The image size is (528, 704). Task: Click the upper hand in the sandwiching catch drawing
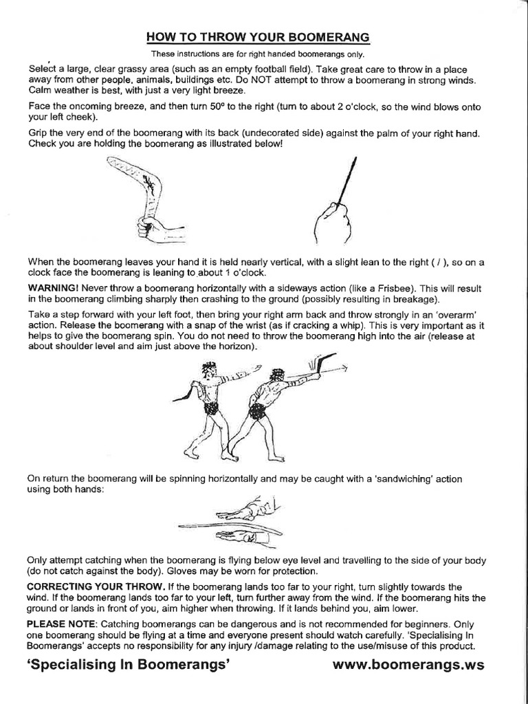point(252,509)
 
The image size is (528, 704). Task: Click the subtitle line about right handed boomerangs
point(264,54)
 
